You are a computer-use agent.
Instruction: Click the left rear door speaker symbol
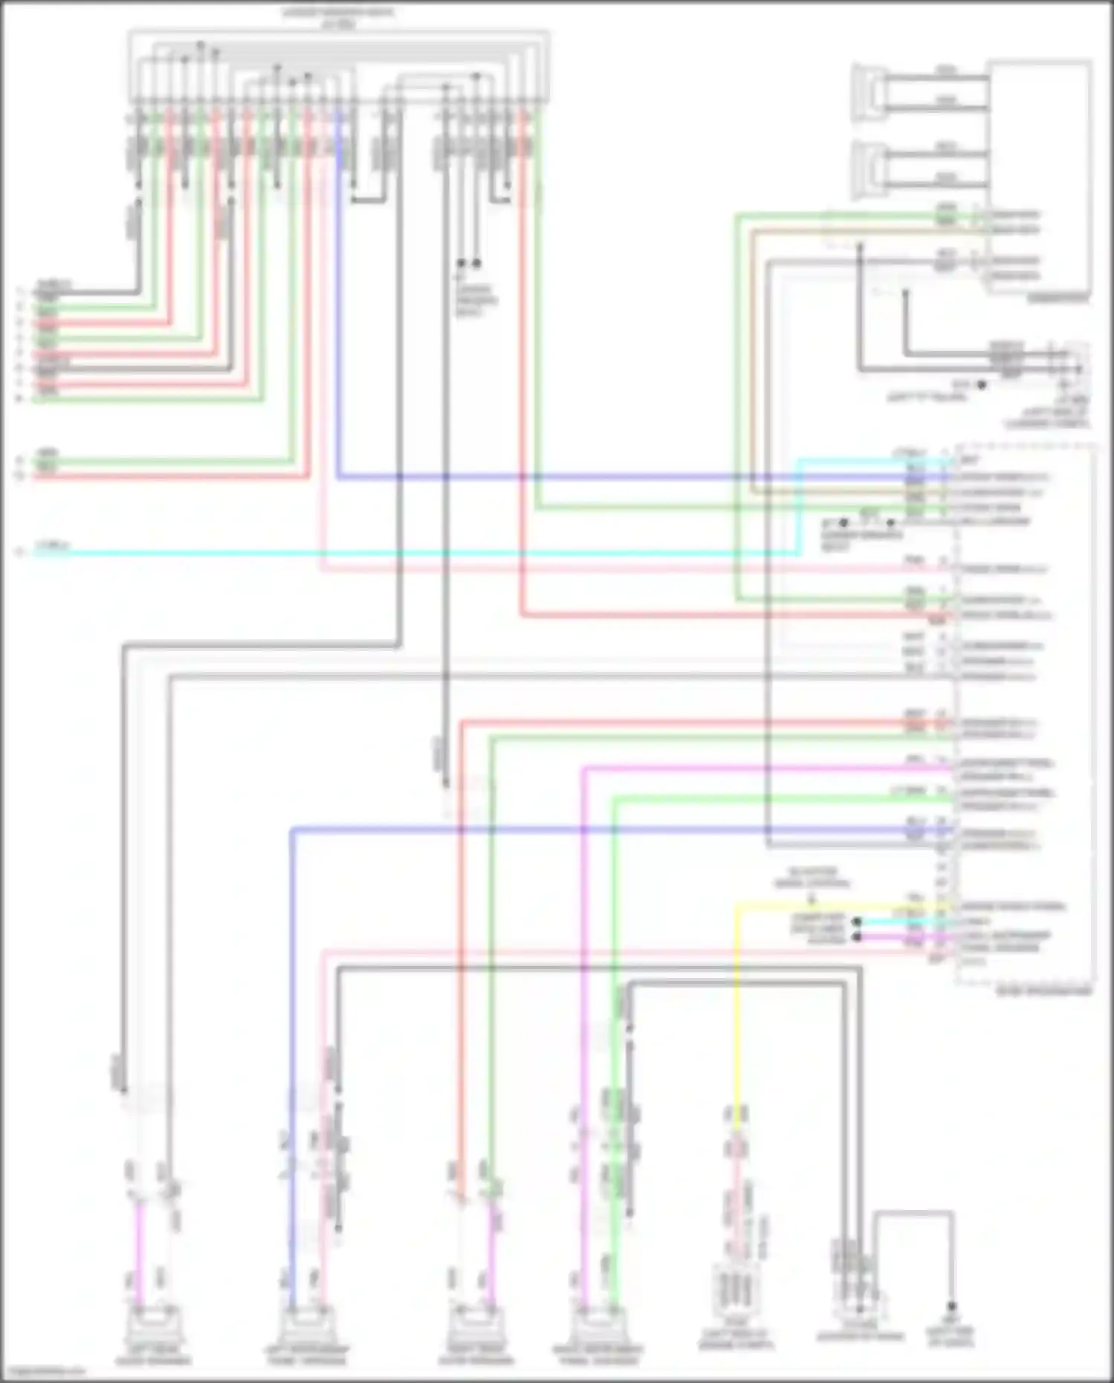153,1327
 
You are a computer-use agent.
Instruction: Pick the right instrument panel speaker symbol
598,1327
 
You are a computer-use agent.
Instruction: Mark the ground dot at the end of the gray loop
951,1306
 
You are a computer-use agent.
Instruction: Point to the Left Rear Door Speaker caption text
153,1356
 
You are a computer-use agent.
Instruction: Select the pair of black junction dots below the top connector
468,263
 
